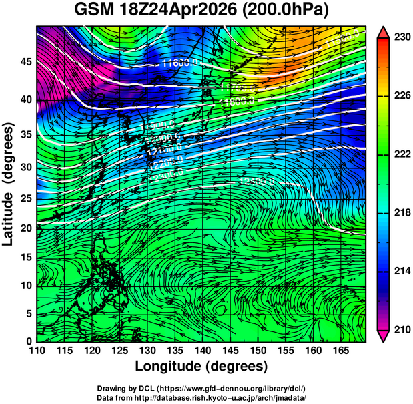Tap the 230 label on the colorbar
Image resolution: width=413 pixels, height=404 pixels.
click(402, 38)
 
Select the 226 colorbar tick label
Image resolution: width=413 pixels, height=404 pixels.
click(402, 96)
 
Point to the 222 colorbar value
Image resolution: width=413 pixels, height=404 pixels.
click(402, 154)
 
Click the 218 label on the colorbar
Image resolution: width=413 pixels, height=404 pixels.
click(402, 213)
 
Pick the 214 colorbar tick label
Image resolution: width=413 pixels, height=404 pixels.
click(402, 271)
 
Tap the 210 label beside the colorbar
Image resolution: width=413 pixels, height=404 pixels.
click(402, 329)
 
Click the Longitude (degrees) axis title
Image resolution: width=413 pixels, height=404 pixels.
click(201, 366)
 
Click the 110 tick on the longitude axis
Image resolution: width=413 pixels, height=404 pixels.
click(37, 351)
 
